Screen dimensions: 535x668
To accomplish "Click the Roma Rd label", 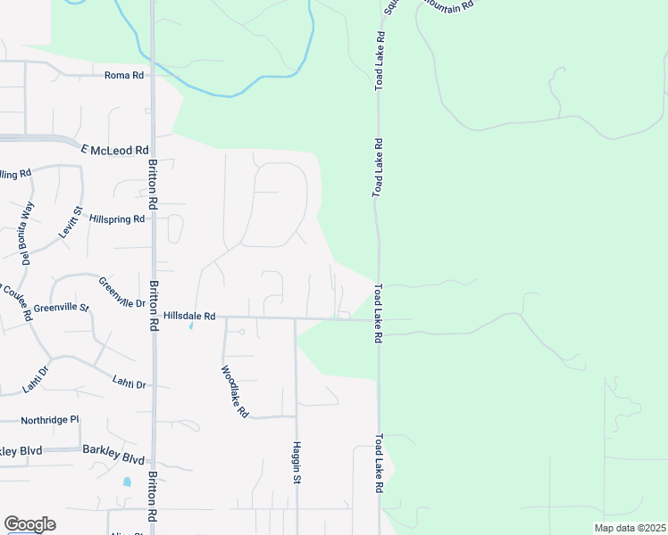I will pos(123,76).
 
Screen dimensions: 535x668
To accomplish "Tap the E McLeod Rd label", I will pos(113,151).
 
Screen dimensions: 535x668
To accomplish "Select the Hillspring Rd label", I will pos(116,218).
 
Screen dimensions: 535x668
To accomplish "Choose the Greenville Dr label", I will pos(122,292).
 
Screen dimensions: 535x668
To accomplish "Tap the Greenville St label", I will pos(61,309).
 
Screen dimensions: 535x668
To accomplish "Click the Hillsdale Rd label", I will pos(189,316).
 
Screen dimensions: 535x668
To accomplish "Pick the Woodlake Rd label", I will pos(234,392).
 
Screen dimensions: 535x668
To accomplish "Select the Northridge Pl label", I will pos(51,419).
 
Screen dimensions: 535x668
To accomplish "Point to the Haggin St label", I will pos(296,462).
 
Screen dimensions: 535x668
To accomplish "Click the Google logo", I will pos(29,524).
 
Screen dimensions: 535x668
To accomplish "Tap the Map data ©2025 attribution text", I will pos(629,527).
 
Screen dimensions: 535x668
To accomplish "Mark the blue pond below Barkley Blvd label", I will pos(127,481).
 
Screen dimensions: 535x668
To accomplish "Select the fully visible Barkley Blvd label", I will pos(113,459).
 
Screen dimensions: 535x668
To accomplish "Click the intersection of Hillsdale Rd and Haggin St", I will pos(296,317).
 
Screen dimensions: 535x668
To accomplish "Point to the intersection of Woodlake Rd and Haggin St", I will pos(296,416).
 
